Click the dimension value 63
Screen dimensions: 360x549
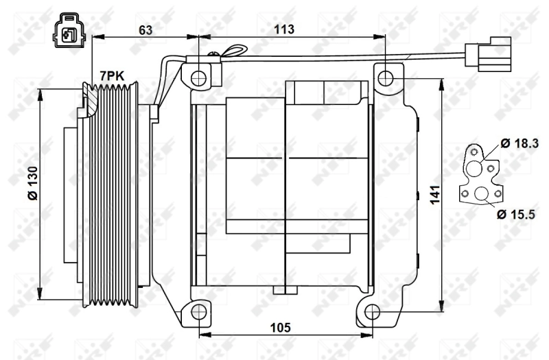coord(145,29)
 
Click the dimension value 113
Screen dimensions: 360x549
coord(283,29)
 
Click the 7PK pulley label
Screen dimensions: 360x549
coord(112,75)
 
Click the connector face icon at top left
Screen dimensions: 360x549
coord(69,31)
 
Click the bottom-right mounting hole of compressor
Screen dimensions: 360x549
coord(371,313)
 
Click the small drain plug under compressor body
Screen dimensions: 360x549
coord(279,291)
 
